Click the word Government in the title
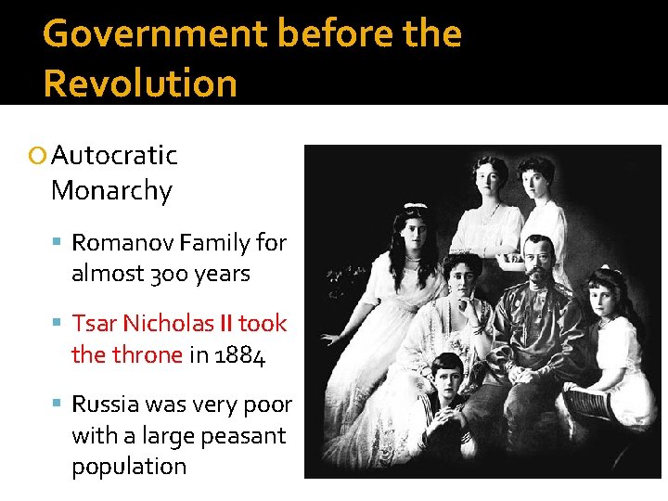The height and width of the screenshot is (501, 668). coord(155,34)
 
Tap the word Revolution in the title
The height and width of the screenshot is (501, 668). coord(140,83)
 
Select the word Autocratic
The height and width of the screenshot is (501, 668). coord(114,155)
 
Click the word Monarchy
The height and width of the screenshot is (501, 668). coord(111,191)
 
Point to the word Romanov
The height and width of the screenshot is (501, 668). coord(122,243)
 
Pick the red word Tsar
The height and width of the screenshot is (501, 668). coord(94,324)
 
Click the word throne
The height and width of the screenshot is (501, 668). coord(147,355)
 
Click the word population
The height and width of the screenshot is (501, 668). coord(129,467)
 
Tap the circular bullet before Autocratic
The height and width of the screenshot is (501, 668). coord(36,156)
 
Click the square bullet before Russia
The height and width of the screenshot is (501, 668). coord(58,405)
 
